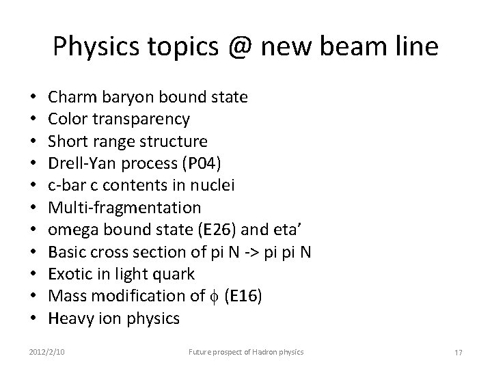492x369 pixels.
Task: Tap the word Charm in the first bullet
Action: (71, 97)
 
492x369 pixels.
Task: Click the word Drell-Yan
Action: (84, 163)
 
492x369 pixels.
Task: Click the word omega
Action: (73, 230)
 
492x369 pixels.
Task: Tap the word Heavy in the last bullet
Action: (71, 318)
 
